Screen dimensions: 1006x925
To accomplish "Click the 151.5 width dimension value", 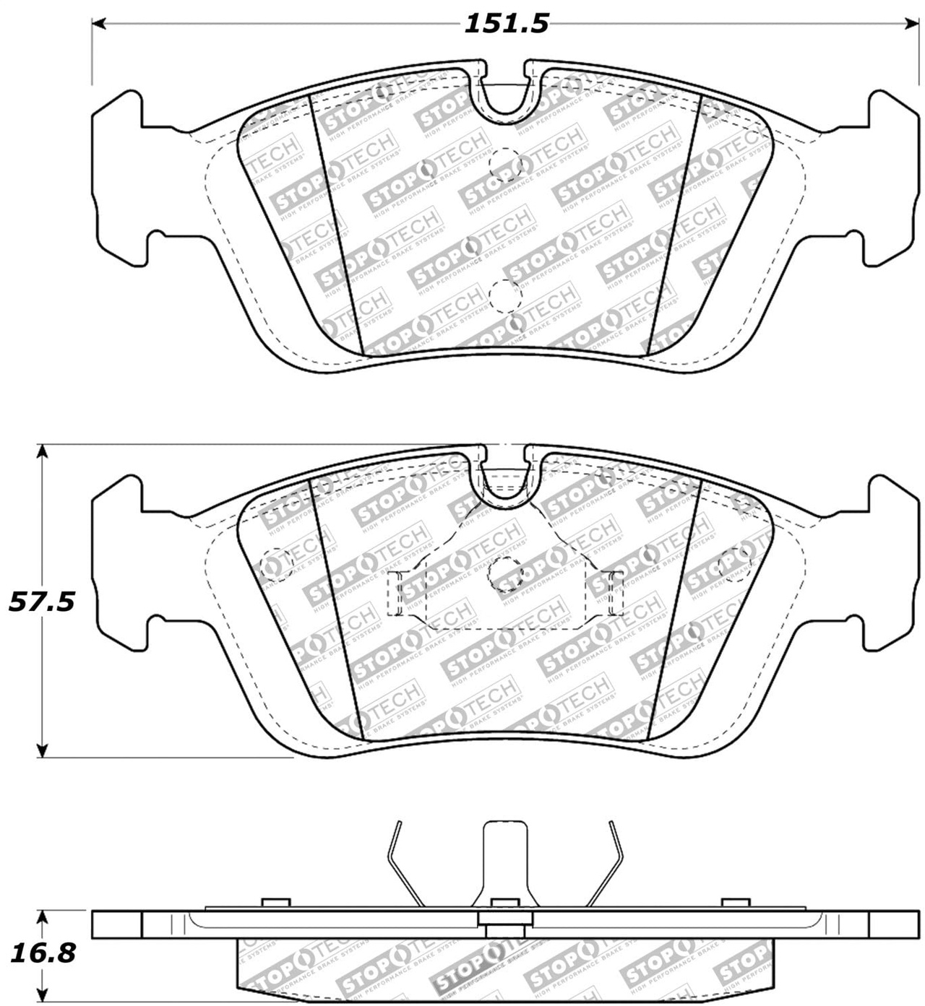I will pos(506,24).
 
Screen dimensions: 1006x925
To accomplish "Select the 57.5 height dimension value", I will pos(42,601).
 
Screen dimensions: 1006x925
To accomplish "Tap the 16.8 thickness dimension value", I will pos(42,953).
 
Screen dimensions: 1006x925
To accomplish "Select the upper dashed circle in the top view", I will pos(504,165).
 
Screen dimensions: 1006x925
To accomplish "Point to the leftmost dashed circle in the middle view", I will pos(275,564).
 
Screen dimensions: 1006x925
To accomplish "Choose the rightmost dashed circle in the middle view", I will pos(736,564).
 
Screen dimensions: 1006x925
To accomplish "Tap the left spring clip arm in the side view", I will pos(403,863).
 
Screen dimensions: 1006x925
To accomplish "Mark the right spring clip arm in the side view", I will pos(606,863).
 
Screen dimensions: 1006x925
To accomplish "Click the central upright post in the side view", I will pos(504,859).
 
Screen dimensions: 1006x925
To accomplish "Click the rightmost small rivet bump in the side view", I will pos(735,902).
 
